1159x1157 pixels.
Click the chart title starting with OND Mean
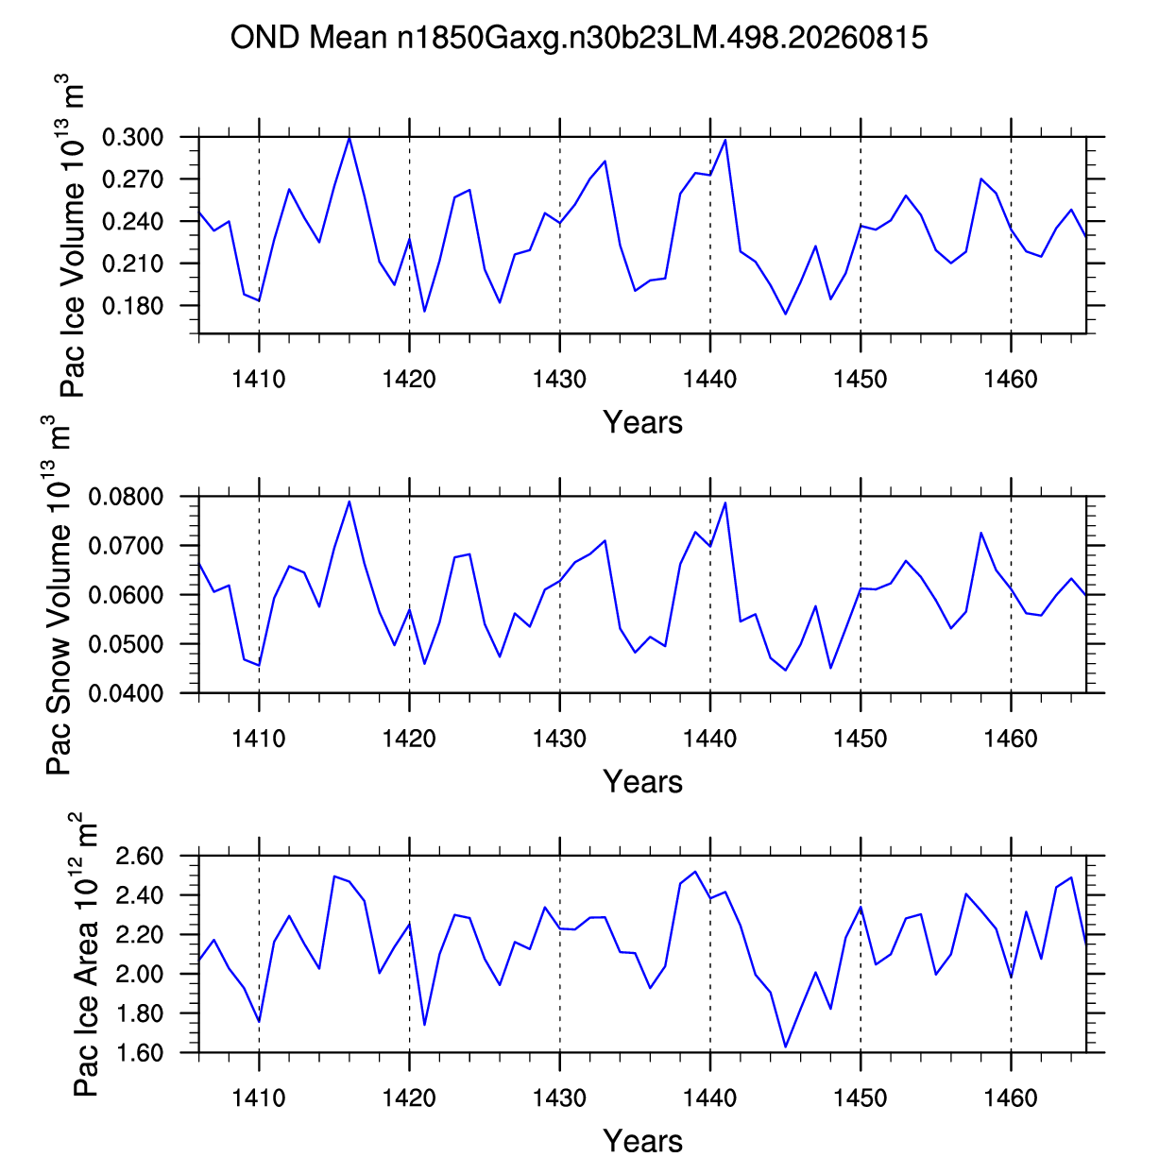point(579,38)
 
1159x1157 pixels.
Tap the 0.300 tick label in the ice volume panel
point(132,137)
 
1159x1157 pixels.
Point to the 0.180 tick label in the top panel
point(132,306)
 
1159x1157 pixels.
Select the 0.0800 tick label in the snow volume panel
point(126,497)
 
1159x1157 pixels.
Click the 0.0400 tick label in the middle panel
point(126,693)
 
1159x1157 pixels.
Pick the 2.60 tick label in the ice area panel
point(139,856)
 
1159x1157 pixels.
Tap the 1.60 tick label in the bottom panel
point(139,1053)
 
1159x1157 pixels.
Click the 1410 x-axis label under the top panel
point(259,380)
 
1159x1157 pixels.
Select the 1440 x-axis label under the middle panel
point(709,739)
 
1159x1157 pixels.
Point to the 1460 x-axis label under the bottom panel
point(1011,1098)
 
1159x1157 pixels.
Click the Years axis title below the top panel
point(642,422)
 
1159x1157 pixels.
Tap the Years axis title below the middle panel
point(642,781)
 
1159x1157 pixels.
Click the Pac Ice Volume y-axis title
point(72,235)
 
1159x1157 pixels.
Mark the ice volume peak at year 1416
point(349,139)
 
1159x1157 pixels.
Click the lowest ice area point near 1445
point(786,1046)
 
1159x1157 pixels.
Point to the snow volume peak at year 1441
point(725,502)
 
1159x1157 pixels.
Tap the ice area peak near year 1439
point(695,871)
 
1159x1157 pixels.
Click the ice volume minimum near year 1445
point(786,314)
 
